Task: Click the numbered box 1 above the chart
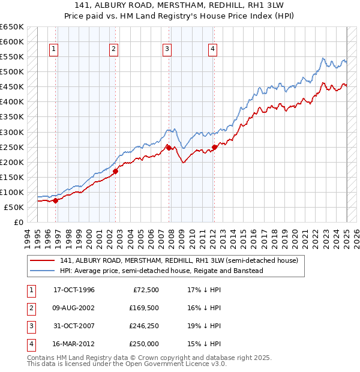(x=54, y=49)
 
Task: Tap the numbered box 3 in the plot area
(x=167, y=49)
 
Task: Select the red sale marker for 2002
(x=116, y=171)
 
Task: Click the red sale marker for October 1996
(x=55, y=200)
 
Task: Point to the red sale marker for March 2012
(x=214, y=147)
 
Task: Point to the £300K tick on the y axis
(x=14, y=132)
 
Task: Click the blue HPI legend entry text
(x=161, y=271)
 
